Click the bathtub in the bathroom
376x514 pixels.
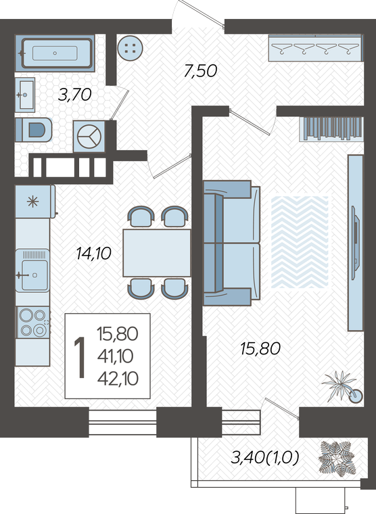55,53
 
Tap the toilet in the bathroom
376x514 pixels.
34,130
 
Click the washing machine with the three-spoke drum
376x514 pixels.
89,137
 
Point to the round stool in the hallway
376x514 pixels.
130,48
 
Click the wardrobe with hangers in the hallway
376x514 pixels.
316,48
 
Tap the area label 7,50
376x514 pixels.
200,71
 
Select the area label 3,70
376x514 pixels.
74,95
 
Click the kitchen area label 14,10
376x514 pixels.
94,254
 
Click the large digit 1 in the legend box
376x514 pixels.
80,357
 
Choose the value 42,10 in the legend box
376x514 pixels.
118,379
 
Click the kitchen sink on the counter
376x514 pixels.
32,271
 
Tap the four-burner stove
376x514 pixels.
33,323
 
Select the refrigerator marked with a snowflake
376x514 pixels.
35,202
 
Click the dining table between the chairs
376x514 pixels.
157,253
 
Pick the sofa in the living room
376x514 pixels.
231,243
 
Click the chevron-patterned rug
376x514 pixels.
300,242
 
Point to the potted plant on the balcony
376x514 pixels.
337,458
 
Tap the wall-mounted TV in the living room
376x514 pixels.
355,243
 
